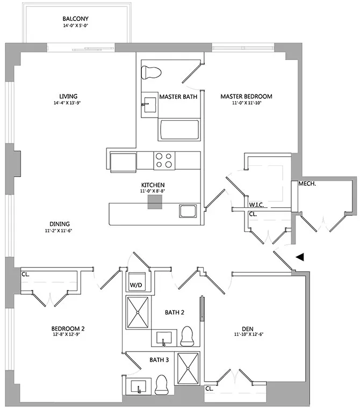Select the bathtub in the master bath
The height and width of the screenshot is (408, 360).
[x=179, y=129]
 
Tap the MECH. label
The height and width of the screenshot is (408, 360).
[x=307, y=184]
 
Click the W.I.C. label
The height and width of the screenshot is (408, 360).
[x=255, y=205]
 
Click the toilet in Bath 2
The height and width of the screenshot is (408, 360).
[x=188, y=336]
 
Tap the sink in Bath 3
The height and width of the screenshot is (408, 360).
[x=139, y=385]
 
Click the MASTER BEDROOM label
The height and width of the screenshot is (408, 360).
[x=247, y=97]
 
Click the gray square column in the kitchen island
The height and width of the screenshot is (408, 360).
[x=155, y=201]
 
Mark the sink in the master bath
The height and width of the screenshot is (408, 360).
[x=148, y=104]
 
